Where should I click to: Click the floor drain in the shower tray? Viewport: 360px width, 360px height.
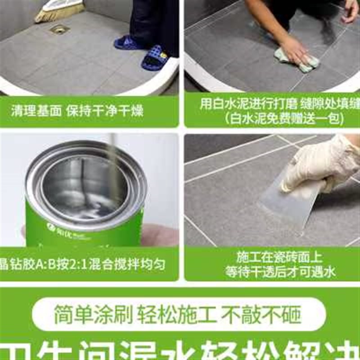click(60, 29)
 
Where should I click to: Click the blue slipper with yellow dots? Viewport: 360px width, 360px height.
click(155, 58)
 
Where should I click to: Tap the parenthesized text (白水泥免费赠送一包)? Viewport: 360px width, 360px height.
click(273, 119)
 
